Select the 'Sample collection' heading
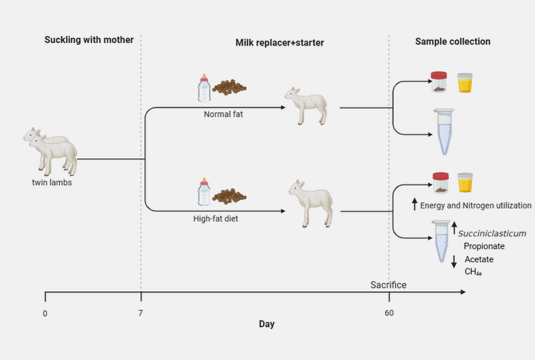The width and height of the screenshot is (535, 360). (453, 41)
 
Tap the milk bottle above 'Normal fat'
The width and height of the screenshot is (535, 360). (204, 87)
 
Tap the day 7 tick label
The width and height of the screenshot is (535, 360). (141, 314)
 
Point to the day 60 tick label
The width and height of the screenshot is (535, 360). (390, 314)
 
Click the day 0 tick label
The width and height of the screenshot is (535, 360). (45, 314)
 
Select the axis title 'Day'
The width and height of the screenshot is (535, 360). (266, 324)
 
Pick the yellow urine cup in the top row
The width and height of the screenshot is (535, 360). (465, 82)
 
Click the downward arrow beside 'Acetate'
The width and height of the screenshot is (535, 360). (454, 261)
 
